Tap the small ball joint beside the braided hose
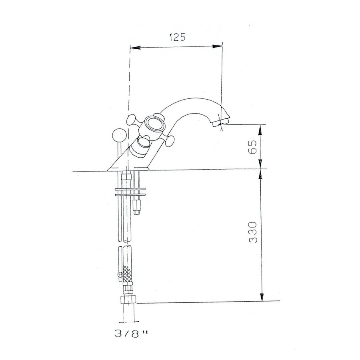click(x=119, y=275)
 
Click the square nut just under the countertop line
click(x=127, y=176)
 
